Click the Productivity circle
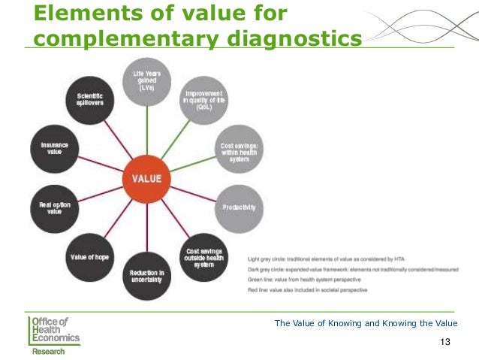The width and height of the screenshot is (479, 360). [x=239, y=207]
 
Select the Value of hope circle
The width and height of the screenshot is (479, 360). [x=90, y=256]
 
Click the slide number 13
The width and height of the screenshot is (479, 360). [x=445, y=343]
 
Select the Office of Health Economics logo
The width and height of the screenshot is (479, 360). [x=54, y=331]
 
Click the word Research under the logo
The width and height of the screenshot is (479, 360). [x=48, y=351]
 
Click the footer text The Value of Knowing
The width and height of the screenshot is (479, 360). [x=366, y=323]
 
